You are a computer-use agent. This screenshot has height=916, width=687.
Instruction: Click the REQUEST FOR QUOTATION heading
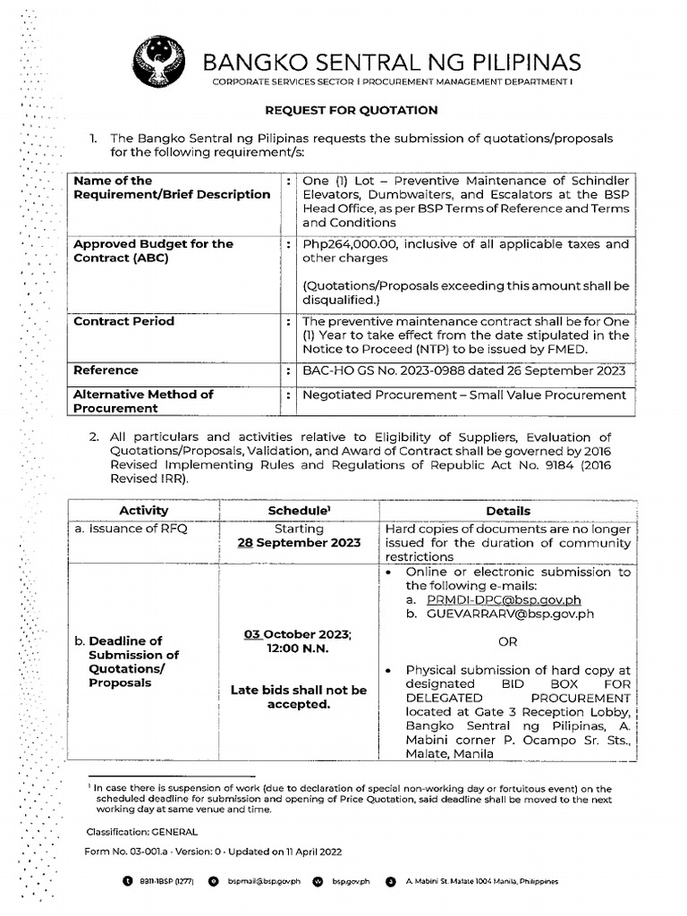pyautogui.click(x=349, y=110)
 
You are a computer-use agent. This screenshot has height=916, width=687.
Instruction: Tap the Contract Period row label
pyautogui.click(x=123, y=321)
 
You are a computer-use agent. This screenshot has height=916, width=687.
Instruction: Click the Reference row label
pyautogui.click(x=106, y=369)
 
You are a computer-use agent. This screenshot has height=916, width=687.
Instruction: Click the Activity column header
pyautogui.click(x=143, y=510)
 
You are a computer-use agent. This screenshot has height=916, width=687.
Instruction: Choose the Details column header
pyautogui.click(x=508, y=510)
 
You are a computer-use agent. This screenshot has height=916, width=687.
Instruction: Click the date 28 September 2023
pyautogui.click(x=299, y=542)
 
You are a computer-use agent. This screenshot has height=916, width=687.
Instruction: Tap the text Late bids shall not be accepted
pyautogui.click(x=299, y=697)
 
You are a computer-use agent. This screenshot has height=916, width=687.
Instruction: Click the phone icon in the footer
pyautogui.click(x=126, y=881)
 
